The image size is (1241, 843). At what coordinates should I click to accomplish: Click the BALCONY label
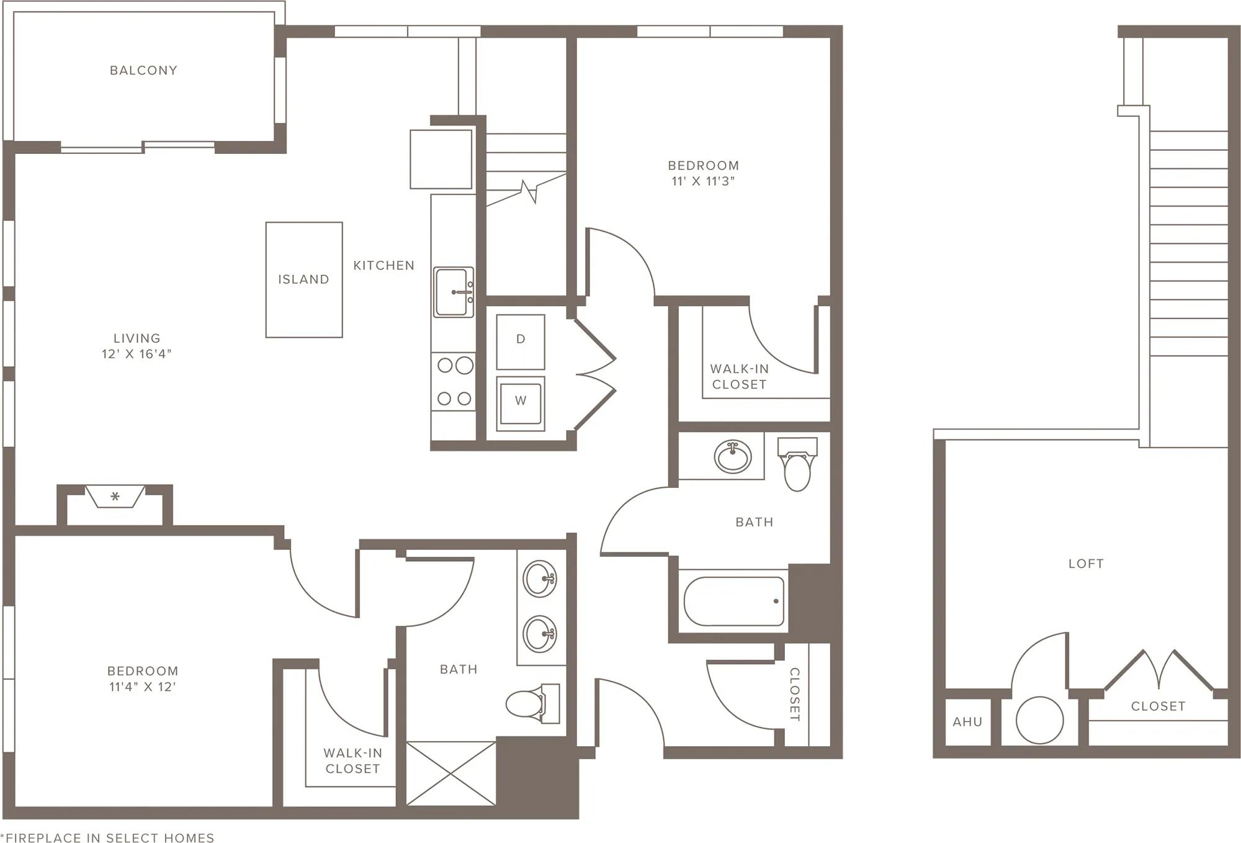(x=143, y=70)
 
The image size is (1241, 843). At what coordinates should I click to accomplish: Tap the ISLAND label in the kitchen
(x=303, y=279)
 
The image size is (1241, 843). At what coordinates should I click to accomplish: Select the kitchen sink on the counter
(x=454, y=292)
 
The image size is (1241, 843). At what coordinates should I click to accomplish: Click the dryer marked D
(x=521, y=341)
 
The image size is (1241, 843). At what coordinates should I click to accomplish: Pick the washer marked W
(x=521, y=404)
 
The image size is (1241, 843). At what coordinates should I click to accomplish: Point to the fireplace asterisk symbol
(x=115, y=497)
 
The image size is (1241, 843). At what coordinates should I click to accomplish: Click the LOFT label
(x=1086, y=564)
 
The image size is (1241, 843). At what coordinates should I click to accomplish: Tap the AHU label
(x=967, y=722)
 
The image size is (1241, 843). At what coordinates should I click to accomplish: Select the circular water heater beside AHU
(x=1039, y=720)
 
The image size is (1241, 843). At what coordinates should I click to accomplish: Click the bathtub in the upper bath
(x=734, y=602)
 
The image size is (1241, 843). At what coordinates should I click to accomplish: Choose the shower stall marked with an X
(x=451, y=773)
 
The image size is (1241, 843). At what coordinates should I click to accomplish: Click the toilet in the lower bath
(x=533, y=703)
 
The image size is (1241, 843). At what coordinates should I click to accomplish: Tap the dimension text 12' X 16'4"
(x=137, y=354)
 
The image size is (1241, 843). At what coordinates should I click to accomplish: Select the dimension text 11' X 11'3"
(x=703, y=181)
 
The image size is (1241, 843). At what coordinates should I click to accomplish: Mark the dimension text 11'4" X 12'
(x=143, y=687)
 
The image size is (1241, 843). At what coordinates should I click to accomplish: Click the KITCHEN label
(x=384, y=266)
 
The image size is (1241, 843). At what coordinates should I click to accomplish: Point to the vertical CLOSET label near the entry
(x=794, y=695)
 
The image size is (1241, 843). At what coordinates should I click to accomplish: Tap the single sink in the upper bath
(x=733, y=456)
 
